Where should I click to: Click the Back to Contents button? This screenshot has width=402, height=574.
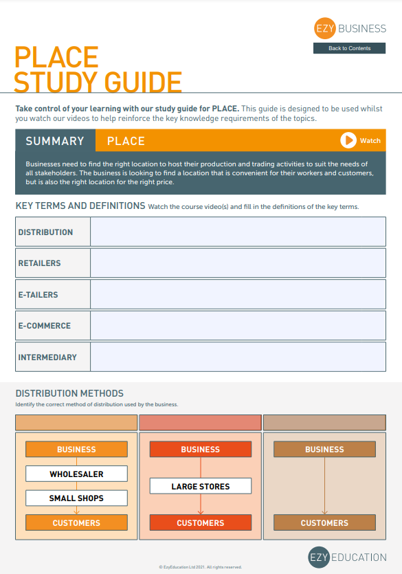point(349,48)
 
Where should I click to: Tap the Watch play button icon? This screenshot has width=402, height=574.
point(348,140)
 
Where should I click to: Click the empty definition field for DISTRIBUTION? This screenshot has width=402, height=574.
point(238,232)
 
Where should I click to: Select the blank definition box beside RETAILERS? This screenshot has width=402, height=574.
point(238,263)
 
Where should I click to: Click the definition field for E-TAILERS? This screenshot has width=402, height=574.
point(238,294)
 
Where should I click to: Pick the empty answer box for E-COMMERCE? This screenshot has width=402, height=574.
point(238,325)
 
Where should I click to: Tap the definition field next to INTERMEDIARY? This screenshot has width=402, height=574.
point(238,357)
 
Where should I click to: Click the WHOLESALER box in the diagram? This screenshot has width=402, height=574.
point(76,474)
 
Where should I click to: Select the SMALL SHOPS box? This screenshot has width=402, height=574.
point(76,498)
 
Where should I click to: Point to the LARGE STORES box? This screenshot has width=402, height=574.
point(201,486)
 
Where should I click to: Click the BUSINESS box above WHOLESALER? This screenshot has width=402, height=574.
point(76,450)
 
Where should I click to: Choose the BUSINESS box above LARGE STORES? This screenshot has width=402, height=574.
point(201,450)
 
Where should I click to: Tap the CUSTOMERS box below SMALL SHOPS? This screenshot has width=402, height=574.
point(76,522)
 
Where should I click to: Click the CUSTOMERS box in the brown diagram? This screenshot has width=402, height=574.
point(324,522)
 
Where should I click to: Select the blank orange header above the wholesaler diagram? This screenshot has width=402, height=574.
point(76,423)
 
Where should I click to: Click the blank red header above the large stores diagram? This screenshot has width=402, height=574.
point(201,423)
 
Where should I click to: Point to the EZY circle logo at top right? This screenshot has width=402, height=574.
point(324,29)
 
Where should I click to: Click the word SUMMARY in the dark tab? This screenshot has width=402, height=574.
point(55,141)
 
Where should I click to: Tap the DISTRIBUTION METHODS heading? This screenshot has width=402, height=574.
point(69,393)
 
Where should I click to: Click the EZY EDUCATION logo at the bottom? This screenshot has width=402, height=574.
point(347,557)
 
